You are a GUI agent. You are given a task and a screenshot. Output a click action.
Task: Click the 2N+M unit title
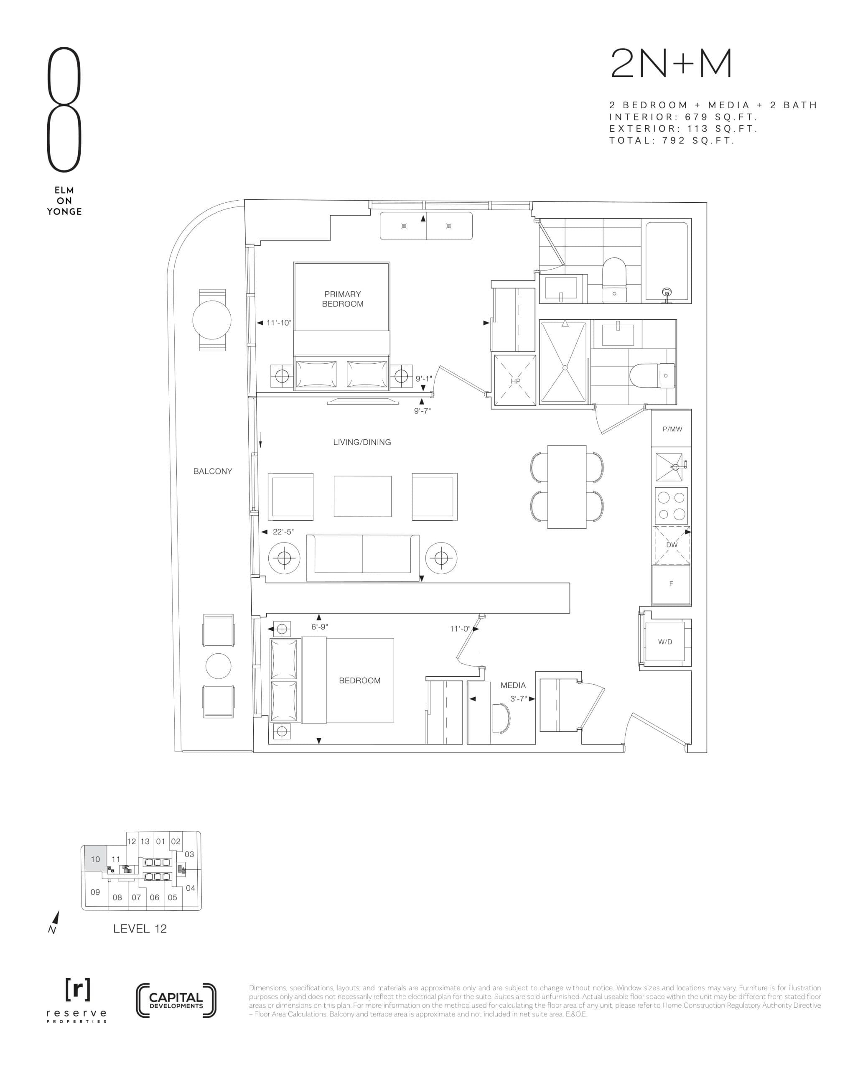(671, 64)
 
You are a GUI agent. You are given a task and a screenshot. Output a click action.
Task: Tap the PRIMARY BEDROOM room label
(343, 299)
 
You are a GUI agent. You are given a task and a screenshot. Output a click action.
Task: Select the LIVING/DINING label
(362, 442)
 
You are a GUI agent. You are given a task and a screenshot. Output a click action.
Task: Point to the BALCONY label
(212, 471)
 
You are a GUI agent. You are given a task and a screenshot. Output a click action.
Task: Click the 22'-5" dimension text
(283, 532)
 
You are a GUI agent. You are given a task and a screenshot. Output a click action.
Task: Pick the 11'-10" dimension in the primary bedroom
(278, 323)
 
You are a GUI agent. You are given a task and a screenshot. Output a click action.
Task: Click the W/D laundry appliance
(665, 642)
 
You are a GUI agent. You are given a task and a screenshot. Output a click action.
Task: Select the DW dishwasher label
(672, 545)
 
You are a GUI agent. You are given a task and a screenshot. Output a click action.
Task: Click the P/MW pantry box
(672, 429)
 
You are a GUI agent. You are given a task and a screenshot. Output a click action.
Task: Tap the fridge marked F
(671, 584)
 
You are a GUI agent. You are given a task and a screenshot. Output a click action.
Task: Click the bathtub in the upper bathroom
(667, 261)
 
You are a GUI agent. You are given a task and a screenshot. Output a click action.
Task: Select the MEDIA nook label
(513, 685)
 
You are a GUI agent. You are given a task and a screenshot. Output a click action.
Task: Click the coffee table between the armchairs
(362, 496)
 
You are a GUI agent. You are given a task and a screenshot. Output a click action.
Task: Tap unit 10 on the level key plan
(95, 859)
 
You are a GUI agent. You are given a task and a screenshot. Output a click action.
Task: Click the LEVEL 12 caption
(140, 928)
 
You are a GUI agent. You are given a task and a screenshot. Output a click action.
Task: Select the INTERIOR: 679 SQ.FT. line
(683, 117)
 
